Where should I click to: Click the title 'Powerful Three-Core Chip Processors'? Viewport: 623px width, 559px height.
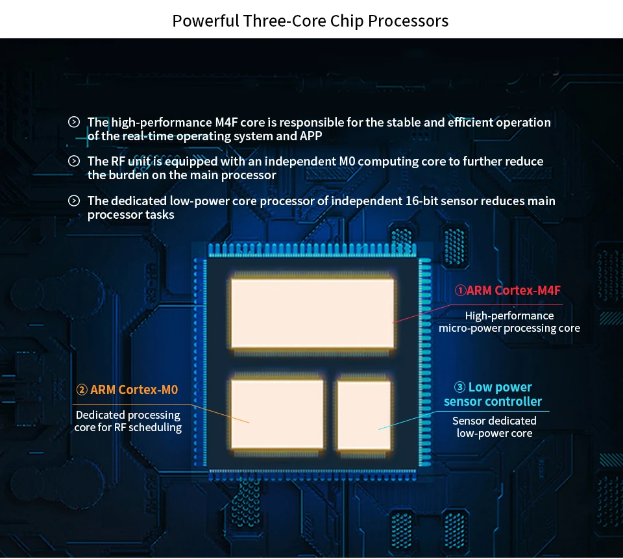pos(310,21)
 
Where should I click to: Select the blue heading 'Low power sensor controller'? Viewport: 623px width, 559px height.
pos(493,394)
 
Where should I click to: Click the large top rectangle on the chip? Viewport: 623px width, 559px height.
pos(312,313)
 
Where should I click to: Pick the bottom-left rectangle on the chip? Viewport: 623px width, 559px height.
pos(277,414)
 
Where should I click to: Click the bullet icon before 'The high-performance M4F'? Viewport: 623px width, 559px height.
pos(74,122)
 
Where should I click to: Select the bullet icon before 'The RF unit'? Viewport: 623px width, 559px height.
pos(74,161)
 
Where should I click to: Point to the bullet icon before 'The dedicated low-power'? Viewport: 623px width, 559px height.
pos(74,201)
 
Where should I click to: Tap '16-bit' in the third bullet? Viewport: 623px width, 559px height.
pos(423,201)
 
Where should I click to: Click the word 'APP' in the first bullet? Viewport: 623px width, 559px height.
pos(311,136)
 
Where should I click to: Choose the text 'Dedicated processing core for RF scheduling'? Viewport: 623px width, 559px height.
pos(128,421)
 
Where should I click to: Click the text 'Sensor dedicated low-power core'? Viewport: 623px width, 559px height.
pos(495,427)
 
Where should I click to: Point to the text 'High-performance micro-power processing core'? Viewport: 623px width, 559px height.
pos(509,321)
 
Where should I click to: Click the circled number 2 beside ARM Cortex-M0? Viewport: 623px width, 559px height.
pos(82,390)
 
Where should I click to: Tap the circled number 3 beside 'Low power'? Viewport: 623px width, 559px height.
pos(459,388)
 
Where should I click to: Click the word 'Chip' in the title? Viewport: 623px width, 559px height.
pos(345,21)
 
